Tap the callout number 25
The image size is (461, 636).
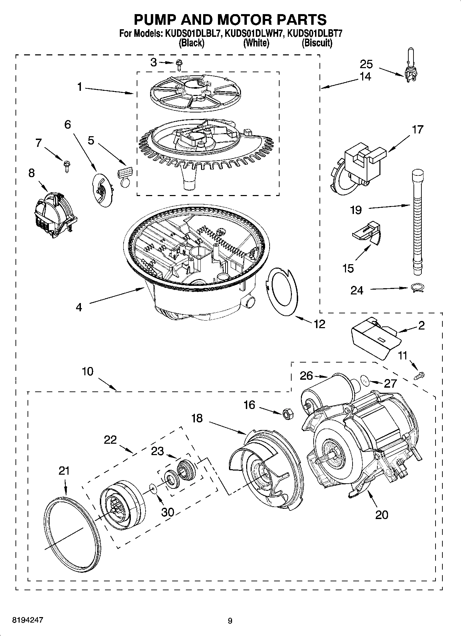click(x=366, y=64)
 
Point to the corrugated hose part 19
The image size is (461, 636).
click(x=417, y=220)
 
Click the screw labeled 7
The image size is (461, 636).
click(x=65, y=166)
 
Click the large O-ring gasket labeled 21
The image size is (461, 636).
click(x=72, y=529)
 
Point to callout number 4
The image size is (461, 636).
click(x=79, y=307)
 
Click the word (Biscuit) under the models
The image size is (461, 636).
click(x=317, y=43)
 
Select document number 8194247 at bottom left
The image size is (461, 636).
click(x=28, y=620)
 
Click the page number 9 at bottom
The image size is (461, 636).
click(x=230, y=621)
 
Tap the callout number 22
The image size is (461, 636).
click(x=110, y=440)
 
